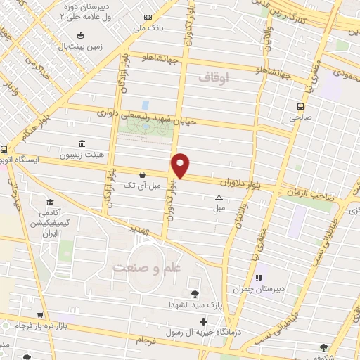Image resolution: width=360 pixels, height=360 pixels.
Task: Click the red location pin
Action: tap(181, 165)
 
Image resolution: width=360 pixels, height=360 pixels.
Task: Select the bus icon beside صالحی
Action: tap(300, 106)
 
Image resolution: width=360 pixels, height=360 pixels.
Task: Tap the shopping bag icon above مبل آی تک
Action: tap(143, 174)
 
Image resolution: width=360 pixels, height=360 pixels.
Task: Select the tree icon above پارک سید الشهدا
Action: tap(195, 294)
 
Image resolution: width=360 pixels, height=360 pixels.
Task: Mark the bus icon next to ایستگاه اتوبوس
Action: tap(4, 149)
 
